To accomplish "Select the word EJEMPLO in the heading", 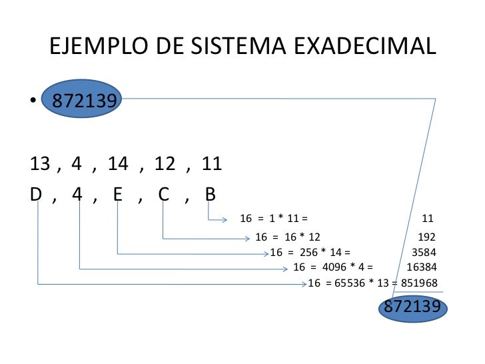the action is point(99,47).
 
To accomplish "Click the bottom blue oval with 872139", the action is point(412,307).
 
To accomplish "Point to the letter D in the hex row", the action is point(37,194).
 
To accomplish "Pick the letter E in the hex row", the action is point(118,194).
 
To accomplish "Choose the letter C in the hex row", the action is point(163,194).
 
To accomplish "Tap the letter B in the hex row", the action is point(210,194).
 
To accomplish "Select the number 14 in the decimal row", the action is point(117,163).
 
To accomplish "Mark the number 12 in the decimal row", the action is point(165,163).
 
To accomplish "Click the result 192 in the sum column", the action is point(426,237).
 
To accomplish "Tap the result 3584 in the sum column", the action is point(424,253).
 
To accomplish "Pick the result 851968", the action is point(419,283).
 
